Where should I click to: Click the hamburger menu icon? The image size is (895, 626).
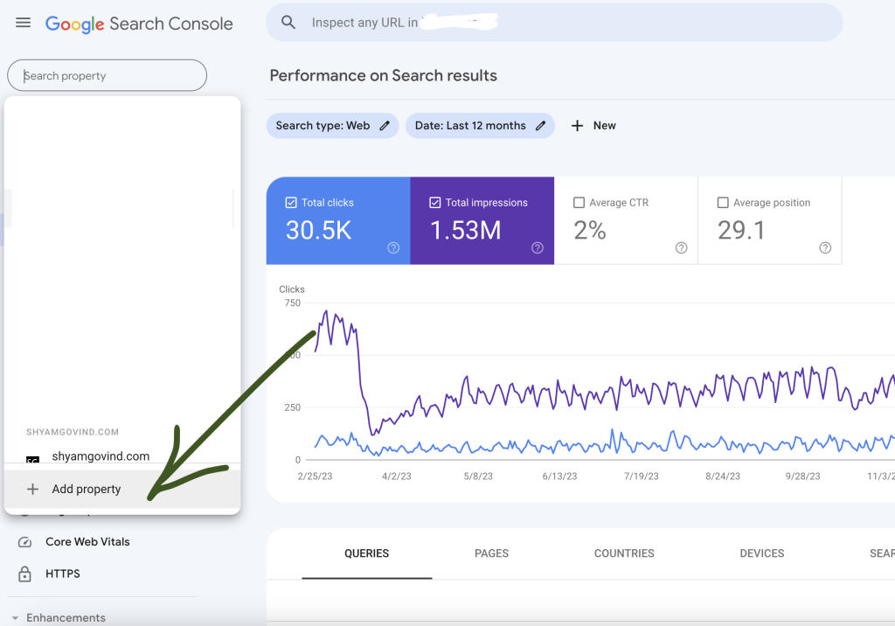click(x=24, y=23)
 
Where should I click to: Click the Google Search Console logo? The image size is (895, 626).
click(x=139, y=24)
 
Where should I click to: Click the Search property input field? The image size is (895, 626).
click(x=107, y=76)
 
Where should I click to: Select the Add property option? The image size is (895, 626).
click(x=86, y=489)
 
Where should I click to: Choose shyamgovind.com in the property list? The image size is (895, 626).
click(x=101, y=456)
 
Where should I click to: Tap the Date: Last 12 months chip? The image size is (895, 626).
click(x=480, y=126)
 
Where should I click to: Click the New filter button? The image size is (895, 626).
click(x=593, y=126)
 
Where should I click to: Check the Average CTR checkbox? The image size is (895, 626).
click(x=579, y=203)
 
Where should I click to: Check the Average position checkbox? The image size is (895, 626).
click(x=723, y=203)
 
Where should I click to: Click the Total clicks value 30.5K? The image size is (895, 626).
click(x=319, y=230)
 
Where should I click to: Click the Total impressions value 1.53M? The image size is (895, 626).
click(x=465, y=230)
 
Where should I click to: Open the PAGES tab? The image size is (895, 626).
click(x=491, y=553)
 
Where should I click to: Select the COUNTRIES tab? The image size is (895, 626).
click(x=624, y=553)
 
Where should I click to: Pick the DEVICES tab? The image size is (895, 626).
click(x=761, y=553)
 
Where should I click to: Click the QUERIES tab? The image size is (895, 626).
click(x=366, y=553)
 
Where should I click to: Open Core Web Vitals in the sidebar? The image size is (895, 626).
click(x=87, y=542)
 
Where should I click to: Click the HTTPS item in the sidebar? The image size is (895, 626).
click(x=63, y=574)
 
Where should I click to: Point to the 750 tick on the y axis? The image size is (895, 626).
click(x=291, y=303)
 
